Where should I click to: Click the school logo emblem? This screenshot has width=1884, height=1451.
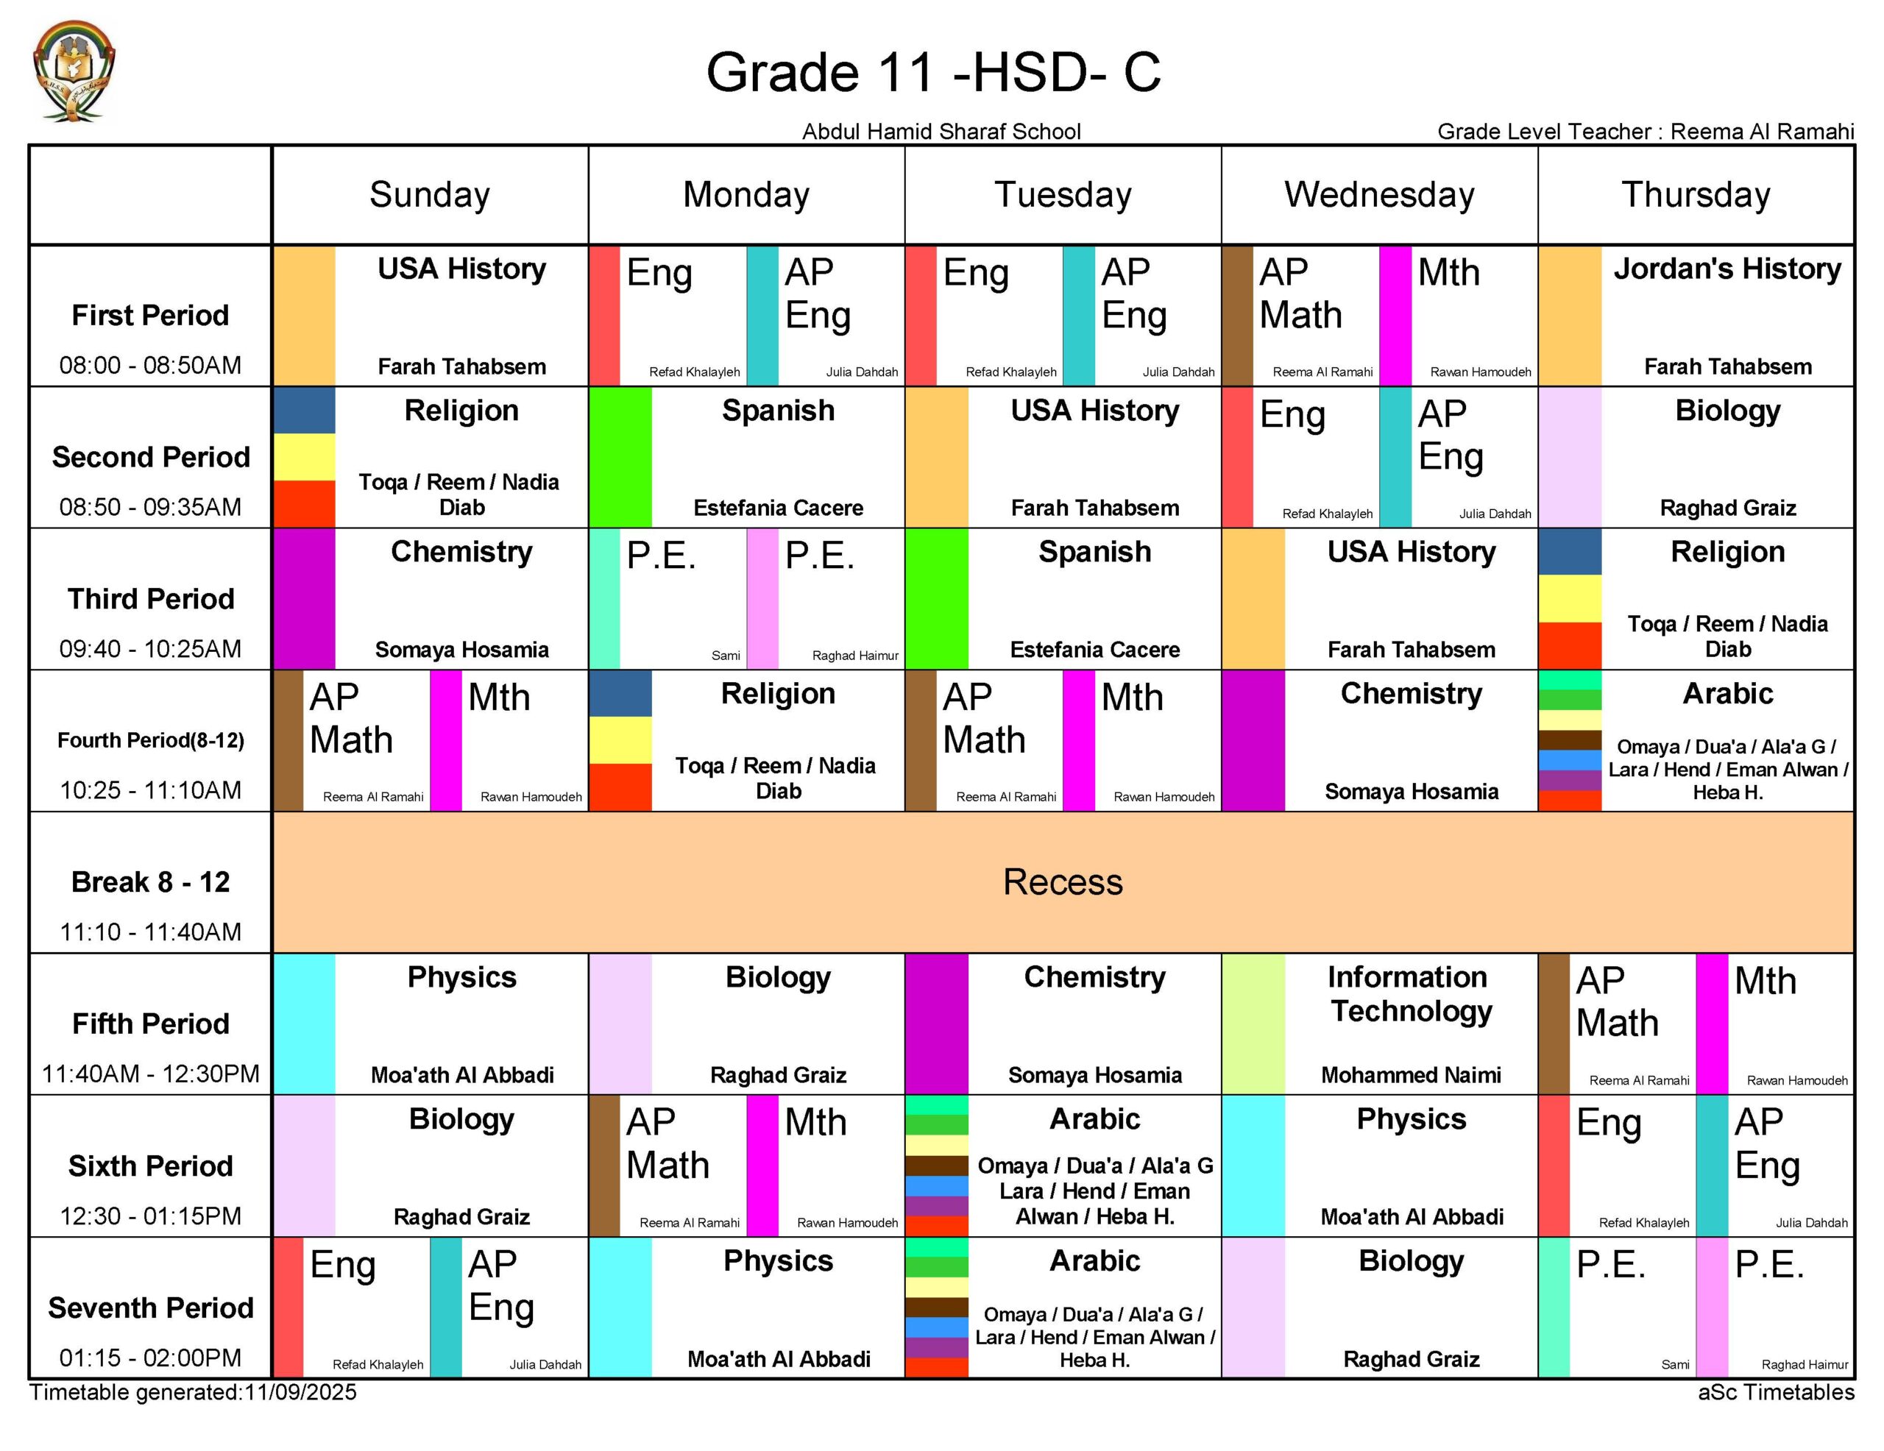click(74, 71)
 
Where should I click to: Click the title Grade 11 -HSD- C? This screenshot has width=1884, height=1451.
click(933, 71)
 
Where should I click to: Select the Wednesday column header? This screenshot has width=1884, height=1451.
click(1378, 195)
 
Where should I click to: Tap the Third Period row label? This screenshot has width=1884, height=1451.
click(151, 599)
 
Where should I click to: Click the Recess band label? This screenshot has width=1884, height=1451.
click(1063, 881)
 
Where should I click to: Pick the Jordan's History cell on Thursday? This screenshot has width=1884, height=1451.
click(1727, 315)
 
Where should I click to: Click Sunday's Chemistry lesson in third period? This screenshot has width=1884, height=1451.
click(461, 599)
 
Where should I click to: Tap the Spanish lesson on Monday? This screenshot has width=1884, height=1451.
click(778, 457)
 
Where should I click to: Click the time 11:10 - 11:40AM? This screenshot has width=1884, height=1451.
click(151, 932)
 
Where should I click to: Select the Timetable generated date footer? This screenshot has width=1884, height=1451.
click(194, 1392)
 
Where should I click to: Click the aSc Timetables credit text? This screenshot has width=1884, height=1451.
click(1775, 1392)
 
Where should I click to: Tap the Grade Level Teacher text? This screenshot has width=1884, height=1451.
click(1644, 131)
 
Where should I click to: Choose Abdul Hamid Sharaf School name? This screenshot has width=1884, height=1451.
click(941, 131)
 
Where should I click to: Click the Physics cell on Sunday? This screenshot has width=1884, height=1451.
click(461, 1024)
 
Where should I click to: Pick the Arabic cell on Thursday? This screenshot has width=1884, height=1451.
click(1727, 740)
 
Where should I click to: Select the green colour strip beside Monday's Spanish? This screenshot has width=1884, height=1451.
click(620, 457)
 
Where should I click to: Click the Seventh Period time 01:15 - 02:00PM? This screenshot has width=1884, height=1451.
click(151, 1358)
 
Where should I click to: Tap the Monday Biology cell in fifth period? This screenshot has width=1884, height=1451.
click(778, 1024)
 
